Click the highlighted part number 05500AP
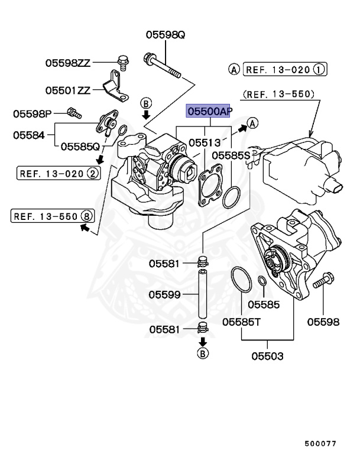[x=209, y=111]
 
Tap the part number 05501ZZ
[x=68, y=90]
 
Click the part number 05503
[x=267, y=356]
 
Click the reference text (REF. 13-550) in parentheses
[x=278, y=93]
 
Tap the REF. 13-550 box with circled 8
[x=53, y=216]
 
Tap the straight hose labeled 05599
[x=202, y=294]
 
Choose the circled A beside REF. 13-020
[x=234, y=70]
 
